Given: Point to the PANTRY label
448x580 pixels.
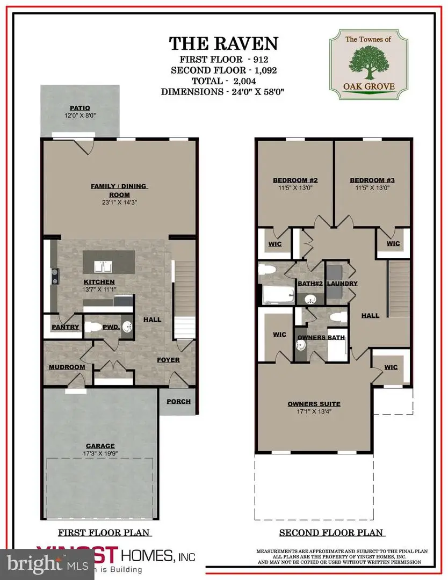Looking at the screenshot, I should pyautogui.click(x=66, y=327).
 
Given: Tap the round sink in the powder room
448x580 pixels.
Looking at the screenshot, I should pyautogui.click(x=127, y=327).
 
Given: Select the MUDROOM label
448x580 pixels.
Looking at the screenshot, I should pyautogui.click(x=67, y=367).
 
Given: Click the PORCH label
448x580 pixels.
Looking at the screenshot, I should pyautogui.click(x=178, y=401).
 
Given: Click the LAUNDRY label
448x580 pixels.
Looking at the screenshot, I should pyautogui.click(x=342, y=284).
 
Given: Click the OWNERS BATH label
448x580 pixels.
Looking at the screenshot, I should pyautogui.click(x=321, y=337).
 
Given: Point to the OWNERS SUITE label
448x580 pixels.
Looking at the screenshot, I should pyautogui.click(x=314, y=404).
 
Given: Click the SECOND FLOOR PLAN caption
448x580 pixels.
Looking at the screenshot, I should pyautogui.click(x=331, y=533).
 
